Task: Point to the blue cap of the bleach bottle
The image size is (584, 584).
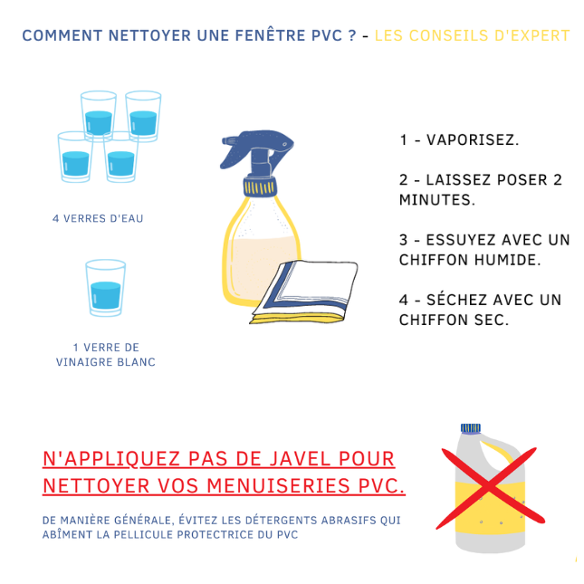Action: (470, 428)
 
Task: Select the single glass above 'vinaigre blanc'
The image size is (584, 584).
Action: (106, 288)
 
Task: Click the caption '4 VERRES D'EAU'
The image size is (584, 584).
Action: (98, 218)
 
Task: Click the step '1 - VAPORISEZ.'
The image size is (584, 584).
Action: (459, 140)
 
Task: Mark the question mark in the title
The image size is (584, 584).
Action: (351, 36)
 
